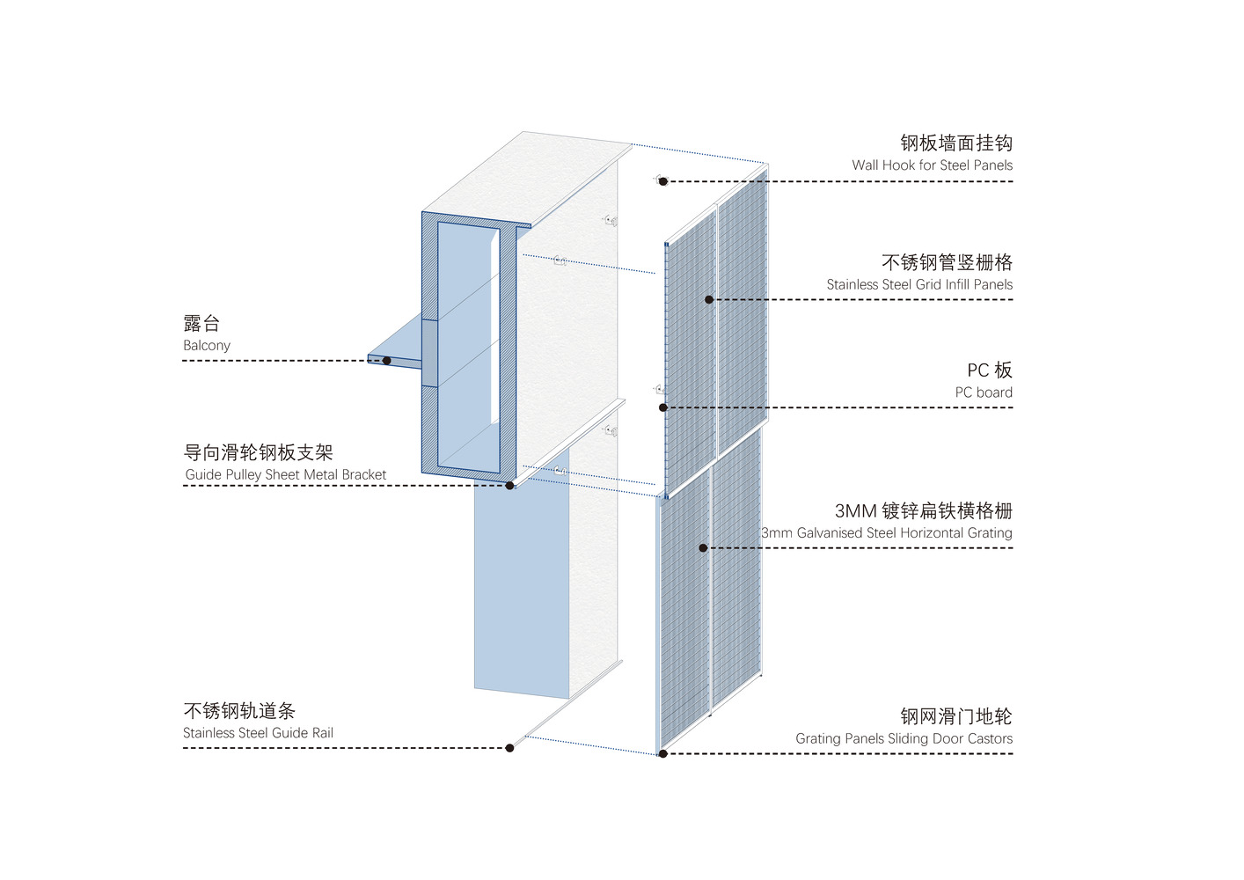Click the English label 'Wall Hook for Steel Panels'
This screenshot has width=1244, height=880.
932,165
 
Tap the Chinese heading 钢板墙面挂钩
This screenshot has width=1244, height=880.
956,143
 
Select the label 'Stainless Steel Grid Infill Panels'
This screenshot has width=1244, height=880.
919,285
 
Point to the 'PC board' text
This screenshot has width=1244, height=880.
984,392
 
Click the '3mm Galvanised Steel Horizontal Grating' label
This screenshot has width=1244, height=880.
887,533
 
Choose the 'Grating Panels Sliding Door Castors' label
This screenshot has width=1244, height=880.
904,739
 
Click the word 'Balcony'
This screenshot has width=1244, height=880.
207,346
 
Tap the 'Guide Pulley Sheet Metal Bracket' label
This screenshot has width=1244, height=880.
286,475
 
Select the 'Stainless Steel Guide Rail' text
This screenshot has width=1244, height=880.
258,733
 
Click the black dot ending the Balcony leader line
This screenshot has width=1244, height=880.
387,361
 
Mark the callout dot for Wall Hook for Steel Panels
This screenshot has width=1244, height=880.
663,181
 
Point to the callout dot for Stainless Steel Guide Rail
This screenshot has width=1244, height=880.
510,748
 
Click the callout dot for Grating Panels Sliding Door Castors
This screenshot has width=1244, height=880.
663,754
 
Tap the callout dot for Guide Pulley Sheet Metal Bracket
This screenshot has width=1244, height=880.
510,485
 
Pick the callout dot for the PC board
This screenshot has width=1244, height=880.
663,407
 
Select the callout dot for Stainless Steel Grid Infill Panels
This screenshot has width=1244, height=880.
709,300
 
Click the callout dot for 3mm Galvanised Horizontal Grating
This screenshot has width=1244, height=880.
703,548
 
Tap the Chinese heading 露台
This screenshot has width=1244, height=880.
201,324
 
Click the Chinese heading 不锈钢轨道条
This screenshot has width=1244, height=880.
239,711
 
